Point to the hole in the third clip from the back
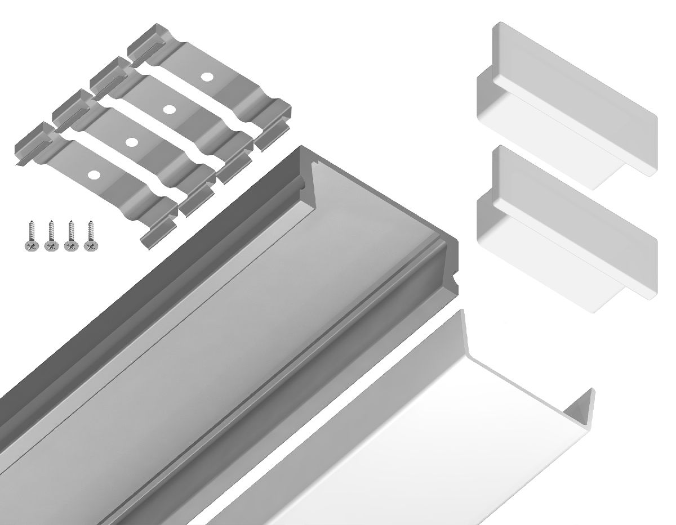132,142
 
